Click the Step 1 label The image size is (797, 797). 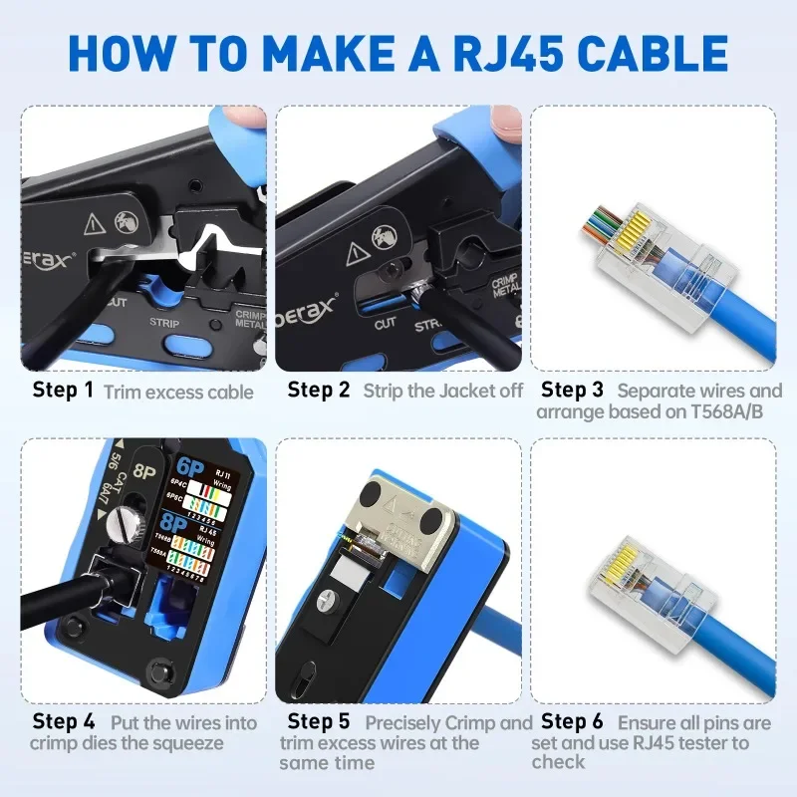coord(63,390)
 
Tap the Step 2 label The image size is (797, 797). coord(319,390)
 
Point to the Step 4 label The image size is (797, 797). coord(63,721)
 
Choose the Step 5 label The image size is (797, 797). coord(319,721)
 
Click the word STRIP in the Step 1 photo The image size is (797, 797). coord(164,323)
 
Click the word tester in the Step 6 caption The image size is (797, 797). coord(718,741)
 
